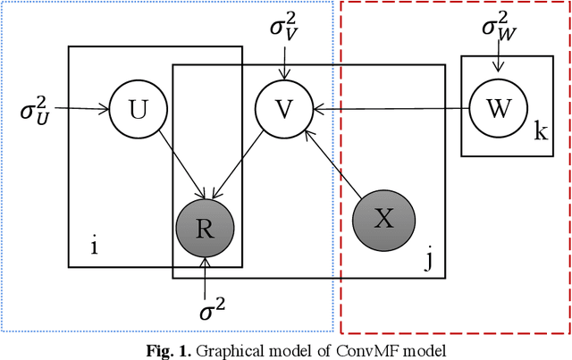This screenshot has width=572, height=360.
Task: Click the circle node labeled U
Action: pyautogui.click(x=139, y=109)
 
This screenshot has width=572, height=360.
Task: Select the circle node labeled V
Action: pyautogui.click(x=283, y=109)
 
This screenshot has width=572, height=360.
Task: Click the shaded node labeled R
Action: pyautogui.click(x=206, y=225)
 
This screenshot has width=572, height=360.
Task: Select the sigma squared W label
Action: pyautogui.click(x=498, y=27)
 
